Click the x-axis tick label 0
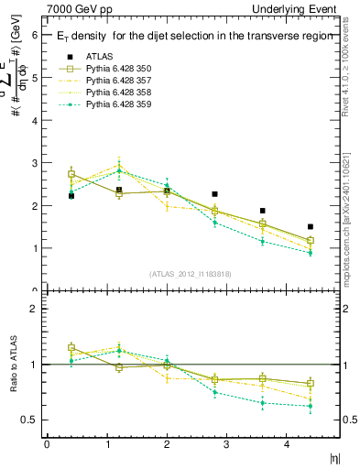point(47,444)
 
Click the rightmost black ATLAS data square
point(311,226)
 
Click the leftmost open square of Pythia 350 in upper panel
point(71,174)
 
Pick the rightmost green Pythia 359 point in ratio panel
point(311,406)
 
